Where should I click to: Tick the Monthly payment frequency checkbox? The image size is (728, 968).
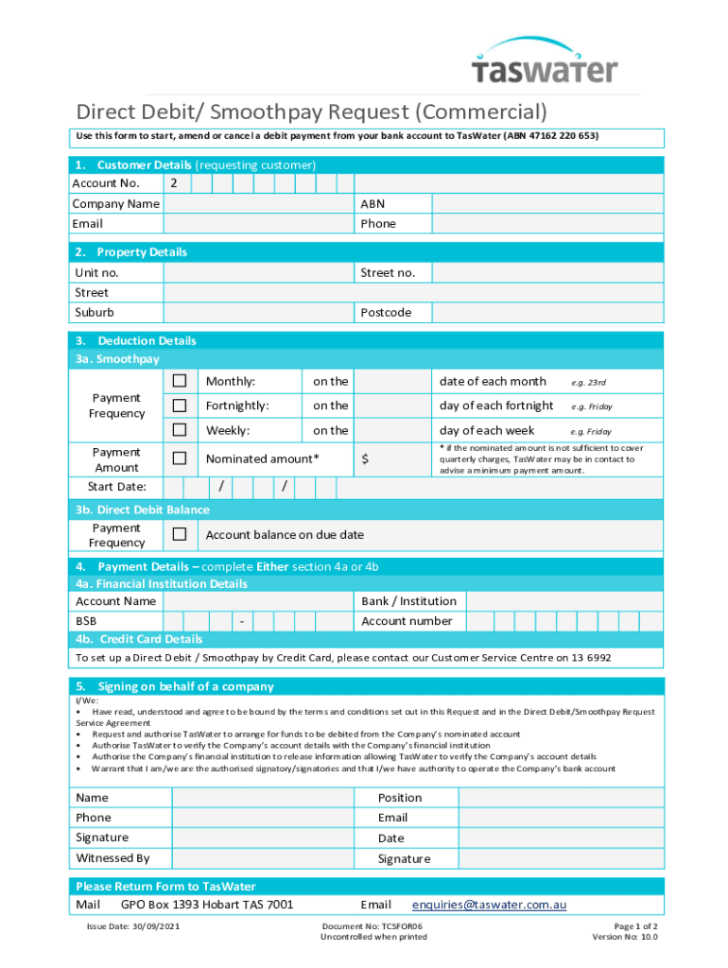coord(180,381)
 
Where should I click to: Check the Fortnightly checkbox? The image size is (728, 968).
coord(180,406)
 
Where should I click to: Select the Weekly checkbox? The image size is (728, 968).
coord(180,430)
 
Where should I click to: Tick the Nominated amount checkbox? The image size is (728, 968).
coord(180,458)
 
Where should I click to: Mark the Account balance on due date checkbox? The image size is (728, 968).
coord(180,535)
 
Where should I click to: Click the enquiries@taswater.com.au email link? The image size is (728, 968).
coord(489,905)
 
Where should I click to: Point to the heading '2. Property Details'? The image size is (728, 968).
coord(131,252)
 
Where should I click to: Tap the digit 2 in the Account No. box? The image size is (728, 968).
coord(174,183)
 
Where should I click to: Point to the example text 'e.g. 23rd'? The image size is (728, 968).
coord(588,382)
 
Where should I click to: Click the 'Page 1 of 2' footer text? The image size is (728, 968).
coord(635,925)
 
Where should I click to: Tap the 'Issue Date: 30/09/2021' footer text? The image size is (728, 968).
coord(133,925)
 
